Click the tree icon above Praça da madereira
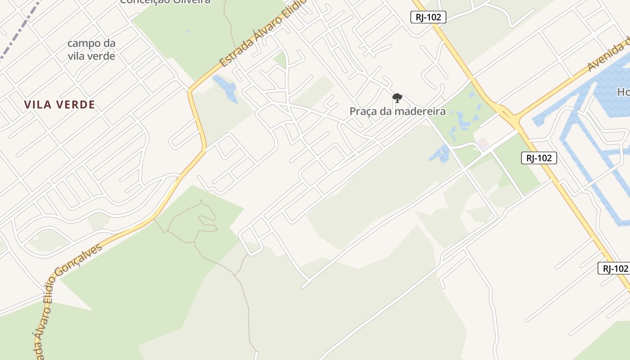point(397,98)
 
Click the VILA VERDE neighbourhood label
point(59,105)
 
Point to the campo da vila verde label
point(91,49)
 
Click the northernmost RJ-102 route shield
point(428,17)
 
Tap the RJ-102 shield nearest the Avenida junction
point(539,157)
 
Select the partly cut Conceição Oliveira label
point(165,2)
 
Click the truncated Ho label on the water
point(623,92)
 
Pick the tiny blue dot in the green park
point(188,31)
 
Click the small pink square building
point(483,144)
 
